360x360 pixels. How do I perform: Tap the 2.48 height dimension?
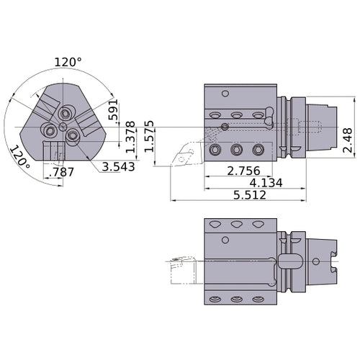point(349,138)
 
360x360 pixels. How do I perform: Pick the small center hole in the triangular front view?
point(63,127)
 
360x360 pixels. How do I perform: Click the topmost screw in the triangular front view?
point(67,113)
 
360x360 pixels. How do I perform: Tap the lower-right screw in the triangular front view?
point(73,135)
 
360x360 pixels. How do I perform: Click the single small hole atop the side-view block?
point(225,93)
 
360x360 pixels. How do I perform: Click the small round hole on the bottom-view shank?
point(316,261)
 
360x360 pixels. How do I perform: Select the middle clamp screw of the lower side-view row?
point(236,150)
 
